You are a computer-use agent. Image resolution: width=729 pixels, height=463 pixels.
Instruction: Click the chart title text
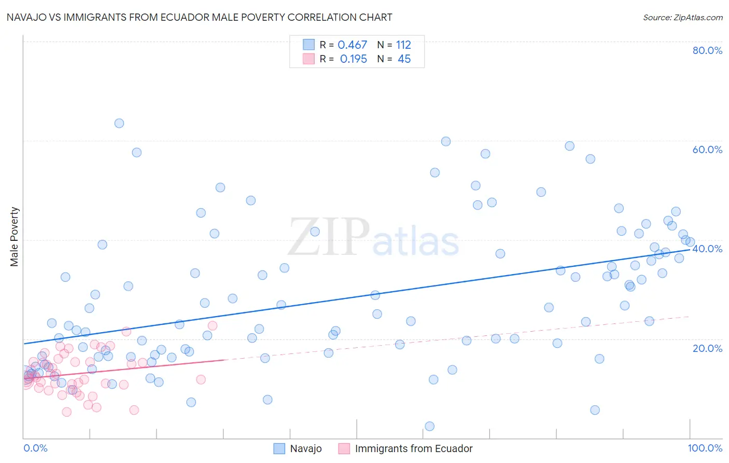199,17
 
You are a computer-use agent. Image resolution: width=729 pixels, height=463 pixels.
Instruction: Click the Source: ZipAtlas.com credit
682,18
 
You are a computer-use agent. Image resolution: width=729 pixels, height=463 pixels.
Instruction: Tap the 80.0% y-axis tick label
707,50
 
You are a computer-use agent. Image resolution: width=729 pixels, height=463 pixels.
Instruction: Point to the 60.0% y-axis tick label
707,149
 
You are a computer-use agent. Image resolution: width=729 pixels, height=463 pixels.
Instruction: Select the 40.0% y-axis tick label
707,249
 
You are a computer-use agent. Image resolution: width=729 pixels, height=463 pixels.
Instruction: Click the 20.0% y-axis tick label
707,348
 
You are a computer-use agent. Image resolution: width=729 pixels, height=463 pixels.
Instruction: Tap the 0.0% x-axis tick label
35,448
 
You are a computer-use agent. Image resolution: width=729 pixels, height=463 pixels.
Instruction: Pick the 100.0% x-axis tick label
705,448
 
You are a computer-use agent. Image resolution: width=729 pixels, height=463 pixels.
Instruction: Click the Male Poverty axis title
15,237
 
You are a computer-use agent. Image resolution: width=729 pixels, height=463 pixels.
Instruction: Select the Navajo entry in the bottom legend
305,448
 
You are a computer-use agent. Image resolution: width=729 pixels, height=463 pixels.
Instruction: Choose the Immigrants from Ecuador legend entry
413,448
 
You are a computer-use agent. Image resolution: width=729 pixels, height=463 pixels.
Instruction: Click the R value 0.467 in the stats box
352,45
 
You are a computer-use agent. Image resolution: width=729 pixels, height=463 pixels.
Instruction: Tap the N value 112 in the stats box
403,45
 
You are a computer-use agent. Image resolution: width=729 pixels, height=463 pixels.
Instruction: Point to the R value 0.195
353,59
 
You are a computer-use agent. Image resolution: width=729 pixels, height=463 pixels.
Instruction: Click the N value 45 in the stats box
404,59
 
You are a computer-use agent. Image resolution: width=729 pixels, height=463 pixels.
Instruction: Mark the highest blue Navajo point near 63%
119,124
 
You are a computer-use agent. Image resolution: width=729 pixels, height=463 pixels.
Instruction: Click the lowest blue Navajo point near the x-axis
429,426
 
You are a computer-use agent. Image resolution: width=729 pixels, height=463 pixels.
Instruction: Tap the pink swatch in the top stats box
309,59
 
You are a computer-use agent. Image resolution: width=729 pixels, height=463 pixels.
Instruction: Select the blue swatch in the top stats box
309,45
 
